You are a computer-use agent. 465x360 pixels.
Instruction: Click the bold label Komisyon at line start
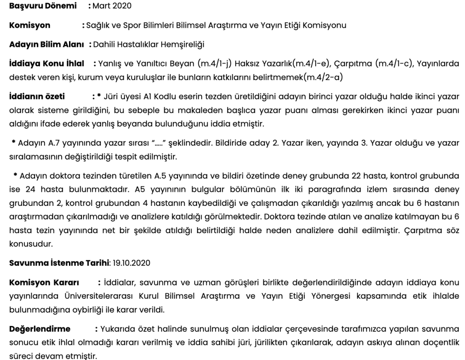tap(30, 25)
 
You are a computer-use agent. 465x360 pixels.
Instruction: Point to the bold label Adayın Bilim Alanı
tap(48, 44)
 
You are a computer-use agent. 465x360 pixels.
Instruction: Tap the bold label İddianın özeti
tap(37, 96)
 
